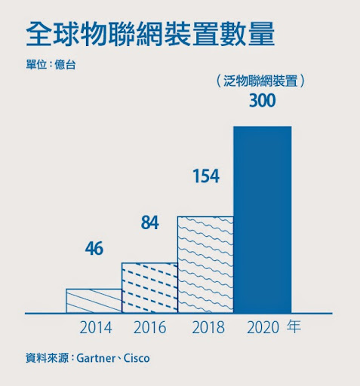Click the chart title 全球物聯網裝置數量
click(150, 35)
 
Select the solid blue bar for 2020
click(262, 219)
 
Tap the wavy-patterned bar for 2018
click(205, 264)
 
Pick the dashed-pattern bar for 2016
click(149, 287)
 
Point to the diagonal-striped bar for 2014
click(94, 300)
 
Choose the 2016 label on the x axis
click(149, 328)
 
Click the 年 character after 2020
click(293, 328)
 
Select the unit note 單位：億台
click(51, 65)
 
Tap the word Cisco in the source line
click(137, 358)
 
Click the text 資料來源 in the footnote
click(47, 358)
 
